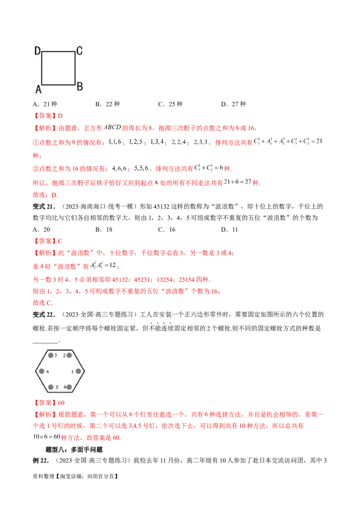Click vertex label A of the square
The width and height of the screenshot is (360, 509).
[x=39, y=89]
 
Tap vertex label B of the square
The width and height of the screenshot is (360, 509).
[x=80, y=86]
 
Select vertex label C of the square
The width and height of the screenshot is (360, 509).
[x=79, y=51]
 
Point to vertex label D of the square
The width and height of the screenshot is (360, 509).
[x=38, y=51]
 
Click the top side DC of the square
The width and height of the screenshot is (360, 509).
[x=58, y=52]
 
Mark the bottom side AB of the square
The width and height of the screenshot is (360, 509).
[x=58, y=84]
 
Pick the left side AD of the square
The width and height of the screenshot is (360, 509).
[x=42, y=68]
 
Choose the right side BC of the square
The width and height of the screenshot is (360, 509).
[x=75, y=68]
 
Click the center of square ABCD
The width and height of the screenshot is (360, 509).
[x=58, y=68]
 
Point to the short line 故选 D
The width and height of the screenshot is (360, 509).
[x=45, y=195]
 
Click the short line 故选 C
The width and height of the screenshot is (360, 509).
[x=43, y=303]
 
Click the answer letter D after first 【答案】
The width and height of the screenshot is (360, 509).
[x=62, y=116]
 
